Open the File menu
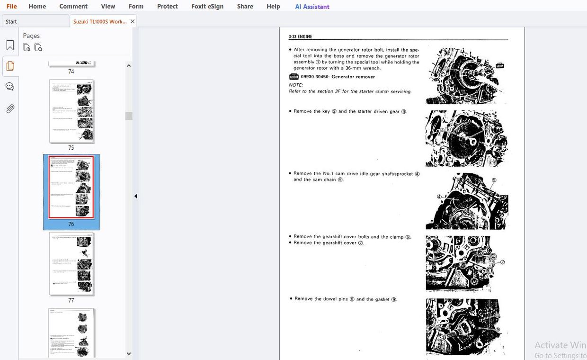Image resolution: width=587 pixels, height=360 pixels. pyautogui.click(x=11, y=6)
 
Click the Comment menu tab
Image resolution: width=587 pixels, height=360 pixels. pyautogui.click(x=73, y=6)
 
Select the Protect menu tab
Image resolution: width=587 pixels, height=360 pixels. pyautogui.click(x=167, y=6)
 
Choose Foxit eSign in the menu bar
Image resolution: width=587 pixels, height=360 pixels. pyautogui.click(x=207, y=6)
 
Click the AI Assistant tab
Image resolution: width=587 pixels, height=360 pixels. pyautogui.click(x=312, y=7)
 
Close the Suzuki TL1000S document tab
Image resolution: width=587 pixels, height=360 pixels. pyautogui.click(x=133, y=21)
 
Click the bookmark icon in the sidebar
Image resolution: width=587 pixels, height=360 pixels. pyautogui.click(x=10, y=45)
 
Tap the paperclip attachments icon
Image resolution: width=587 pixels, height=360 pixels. pyautogui.click(x=10, y=109)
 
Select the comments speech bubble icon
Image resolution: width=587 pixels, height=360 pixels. pyautogui.click(x=10, y=87)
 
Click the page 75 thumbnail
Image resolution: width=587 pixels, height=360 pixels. pyautogui.click(x=71, y=112)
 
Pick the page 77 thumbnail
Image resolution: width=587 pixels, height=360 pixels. pyautogui.click(x=71, y=264)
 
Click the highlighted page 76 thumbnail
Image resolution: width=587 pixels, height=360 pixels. pyautogui.click(x=71, y=188)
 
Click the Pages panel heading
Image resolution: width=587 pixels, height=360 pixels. pyautogui.click(x=31, y=36)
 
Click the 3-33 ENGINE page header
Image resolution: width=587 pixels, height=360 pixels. pyautogui.click(x=300, y=36)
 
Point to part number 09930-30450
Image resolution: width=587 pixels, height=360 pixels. pyautogui.click(x=315, y=77)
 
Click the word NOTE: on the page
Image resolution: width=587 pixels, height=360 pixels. pyautogui.click(x=296, y=85)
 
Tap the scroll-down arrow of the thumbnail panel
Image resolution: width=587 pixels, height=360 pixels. pyautogui.click(x=129, y=353)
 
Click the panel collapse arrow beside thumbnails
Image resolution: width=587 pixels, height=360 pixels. pyautogui.click(x=135, y=196)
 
